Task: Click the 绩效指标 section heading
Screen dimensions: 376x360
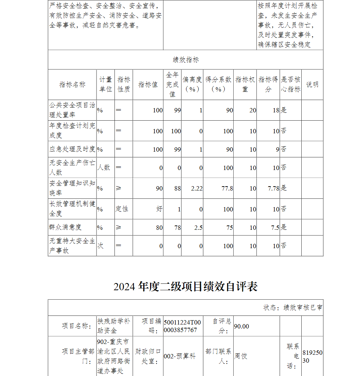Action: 185,60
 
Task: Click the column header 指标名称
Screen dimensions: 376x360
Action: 72,85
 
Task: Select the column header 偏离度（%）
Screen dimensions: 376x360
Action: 192,85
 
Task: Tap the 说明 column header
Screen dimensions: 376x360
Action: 312,85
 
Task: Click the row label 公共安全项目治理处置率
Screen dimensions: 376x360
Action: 72,110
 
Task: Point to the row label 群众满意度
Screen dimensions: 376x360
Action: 66,227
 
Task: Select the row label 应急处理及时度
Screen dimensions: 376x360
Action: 72,149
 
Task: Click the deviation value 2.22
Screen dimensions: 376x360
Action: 197,188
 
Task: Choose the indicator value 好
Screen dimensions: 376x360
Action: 159,209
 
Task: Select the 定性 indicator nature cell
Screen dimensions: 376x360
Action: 122,209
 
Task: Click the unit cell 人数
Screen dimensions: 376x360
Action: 104,167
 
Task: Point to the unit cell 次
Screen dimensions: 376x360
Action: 100,246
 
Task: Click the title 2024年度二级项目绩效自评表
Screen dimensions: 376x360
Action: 185,287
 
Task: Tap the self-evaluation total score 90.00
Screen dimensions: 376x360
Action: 242,326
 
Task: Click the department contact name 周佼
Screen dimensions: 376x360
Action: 241,356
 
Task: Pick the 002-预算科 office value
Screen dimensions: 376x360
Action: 180,356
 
